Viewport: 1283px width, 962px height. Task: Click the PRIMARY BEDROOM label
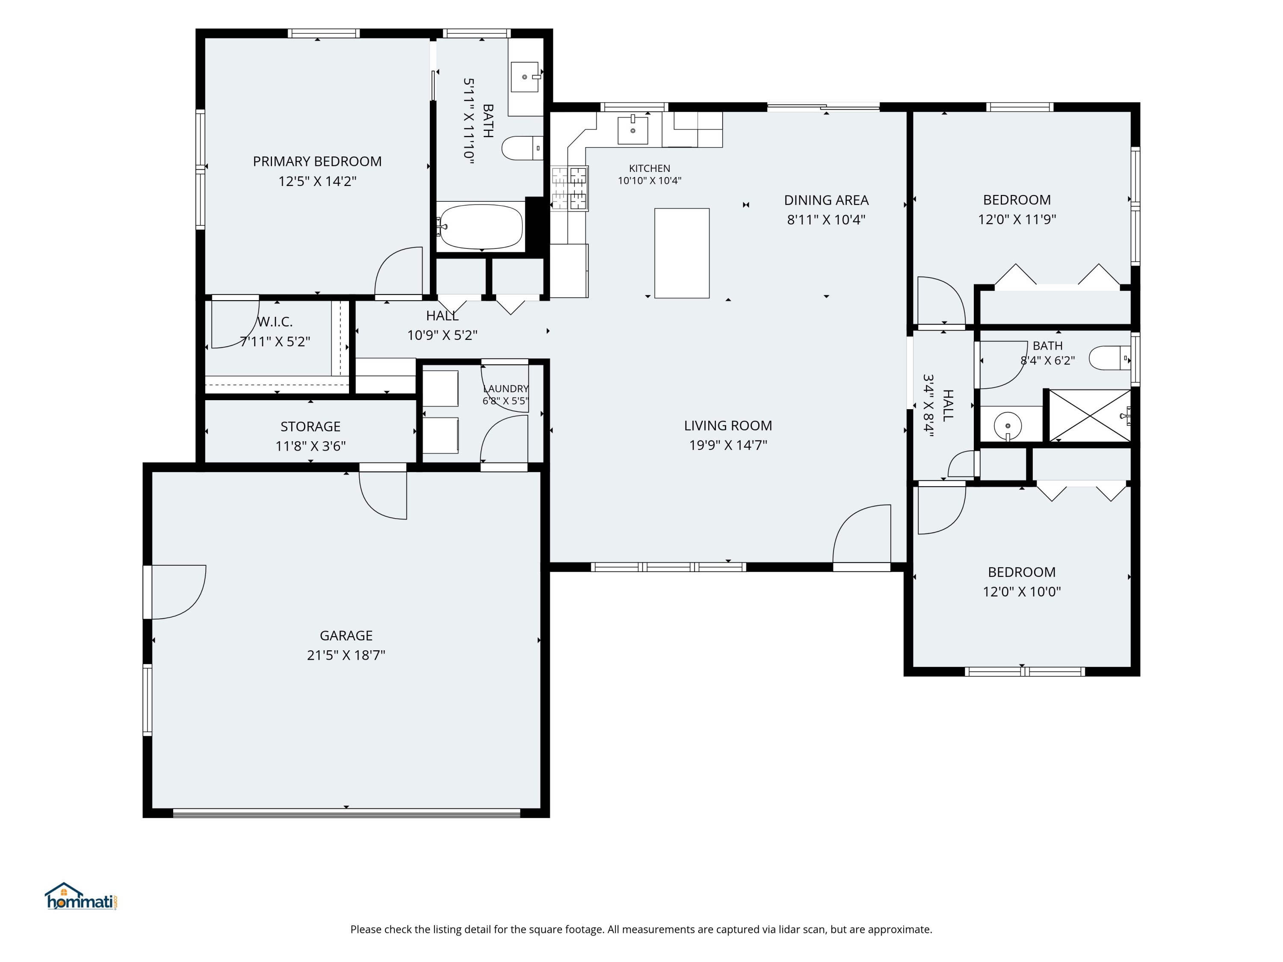(317, 161)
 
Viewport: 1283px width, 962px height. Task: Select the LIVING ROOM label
(728, 425)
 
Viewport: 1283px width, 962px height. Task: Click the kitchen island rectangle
(682, 254)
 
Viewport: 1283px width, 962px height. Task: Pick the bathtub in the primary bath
(481, 227)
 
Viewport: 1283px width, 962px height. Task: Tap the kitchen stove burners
(570, 188)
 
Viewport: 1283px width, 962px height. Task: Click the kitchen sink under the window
(632, 129)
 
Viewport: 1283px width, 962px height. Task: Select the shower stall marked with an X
(1090, 415)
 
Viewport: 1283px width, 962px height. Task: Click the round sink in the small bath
(1008, 425)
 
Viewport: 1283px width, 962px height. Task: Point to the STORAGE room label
(310, 427)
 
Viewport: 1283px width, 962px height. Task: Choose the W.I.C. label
(275, 322)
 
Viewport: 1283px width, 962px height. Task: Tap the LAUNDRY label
(505, 389)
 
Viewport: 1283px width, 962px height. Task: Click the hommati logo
(81, 897)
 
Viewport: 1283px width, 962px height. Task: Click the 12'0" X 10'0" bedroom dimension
(1021, 591)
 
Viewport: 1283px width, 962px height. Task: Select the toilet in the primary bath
(522, 148)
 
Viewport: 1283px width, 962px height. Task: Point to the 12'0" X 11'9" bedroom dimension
(1017, 219)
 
